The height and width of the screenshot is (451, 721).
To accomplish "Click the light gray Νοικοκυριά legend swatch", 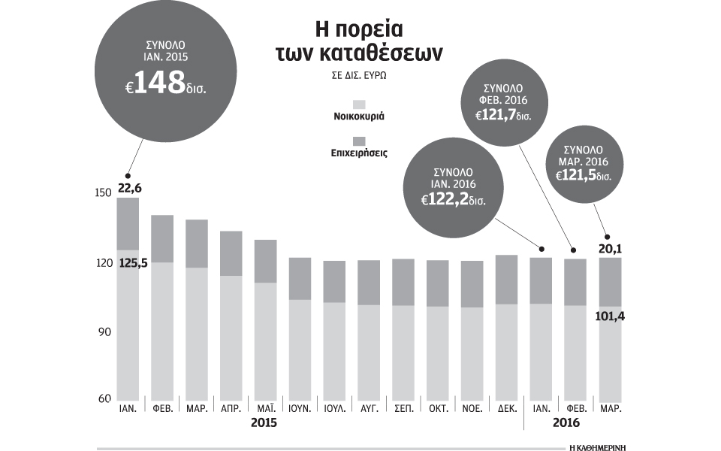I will point(359,104).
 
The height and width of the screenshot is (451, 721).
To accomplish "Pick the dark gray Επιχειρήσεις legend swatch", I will point(359,141).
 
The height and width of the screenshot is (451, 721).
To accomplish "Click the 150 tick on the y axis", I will point(102,193).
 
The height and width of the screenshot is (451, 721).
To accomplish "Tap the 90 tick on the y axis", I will point(104,332).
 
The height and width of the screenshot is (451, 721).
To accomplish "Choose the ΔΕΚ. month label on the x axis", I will point(508,410).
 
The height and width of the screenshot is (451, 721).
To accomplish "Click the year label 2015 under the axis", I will point(264,423).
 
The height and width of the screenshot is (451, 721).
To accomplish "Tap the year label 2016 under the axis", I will point(566,423).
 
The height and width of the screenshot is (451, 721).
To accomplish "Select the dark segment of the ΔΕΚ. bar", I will point(507,280).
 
